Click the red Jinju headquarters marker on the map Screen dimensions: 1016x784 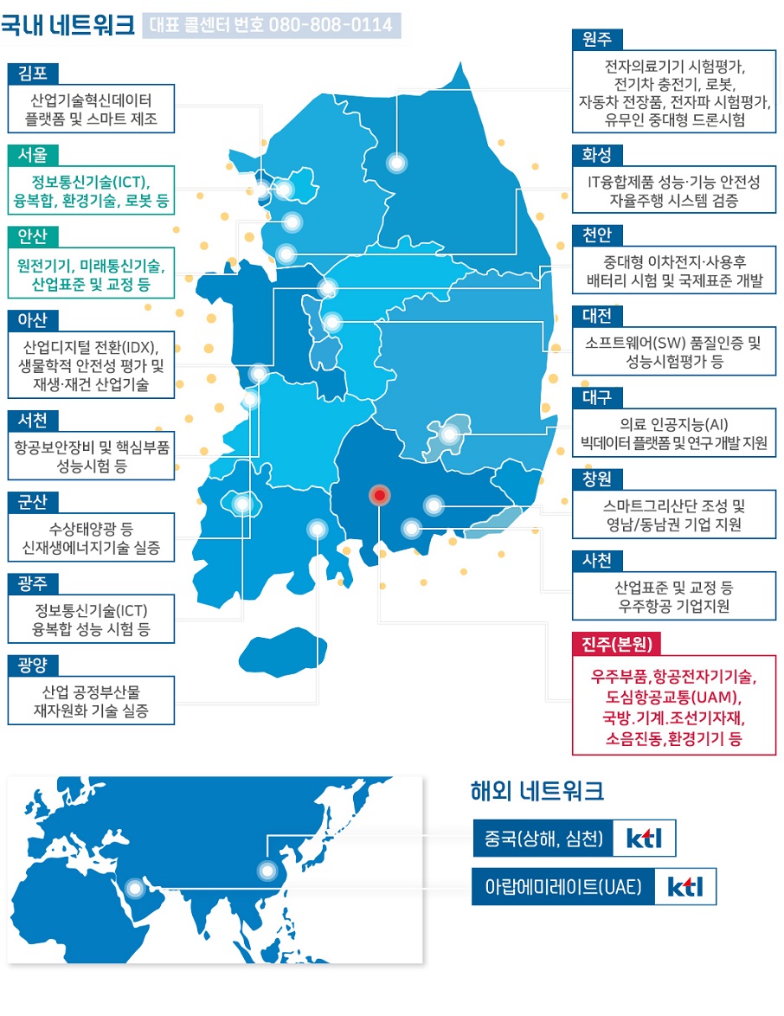[379, 495]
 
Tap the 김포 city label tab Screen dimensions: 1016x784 [33, 73]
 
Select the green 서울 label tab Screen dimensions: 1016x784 [33, 154]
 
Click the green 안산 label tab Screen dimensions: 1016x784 [33, 236]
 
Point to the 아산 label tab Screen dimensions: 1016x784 [33, 319]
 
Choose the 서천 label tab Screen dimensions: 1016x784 [33, 420]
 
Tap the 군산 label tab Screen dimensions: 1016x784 [33, 502]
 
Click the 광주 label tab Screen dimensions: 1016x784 [33, 583]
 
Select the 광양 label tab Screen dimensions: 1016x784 [33, 665]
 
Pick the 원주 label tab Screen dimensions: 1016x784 [597, 40]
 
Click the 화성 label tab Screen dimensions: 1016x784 [597, 155]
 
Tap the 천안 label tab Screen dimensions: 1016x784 [597, 235]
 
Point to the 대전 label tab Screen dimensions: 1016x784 [597, 316]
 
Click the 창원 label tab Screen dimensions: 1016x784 [597, 479]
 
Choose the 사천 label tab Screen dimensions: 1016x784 [597, 560]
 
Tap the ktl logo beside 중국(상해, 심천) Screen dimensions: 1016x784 [644, 838]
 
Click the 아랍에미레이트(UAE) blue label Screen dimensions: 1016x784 [562, 887]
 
